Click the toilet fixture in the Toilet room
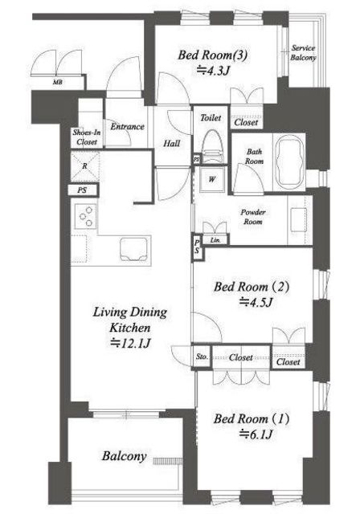(211, 146)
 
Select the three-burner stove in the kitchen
(85, 216)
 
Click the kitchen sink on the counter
(133, 250)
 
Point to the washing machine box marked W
(212, 179)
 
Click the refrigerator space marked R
(85, 166)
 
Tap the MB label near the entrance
(58, 82)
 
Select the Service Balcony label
(303, 53)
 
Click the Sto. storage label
(202, 357)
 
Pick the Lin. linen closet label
(215, 240)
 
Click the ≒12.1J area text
(130, 343)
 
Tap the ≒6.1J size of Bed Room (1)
(256, 434)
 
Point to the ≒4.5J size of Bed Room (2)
(256, 302)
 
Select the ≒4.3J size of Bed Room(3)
(212, 70)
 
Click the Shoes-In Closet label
(87, 137)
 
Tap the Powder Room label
(253, 217)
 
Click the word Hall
(172, 143)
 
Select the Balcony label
(124, 456)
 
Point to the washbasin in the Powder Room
(299, 219)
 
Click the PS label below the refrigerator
(83, 190)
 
